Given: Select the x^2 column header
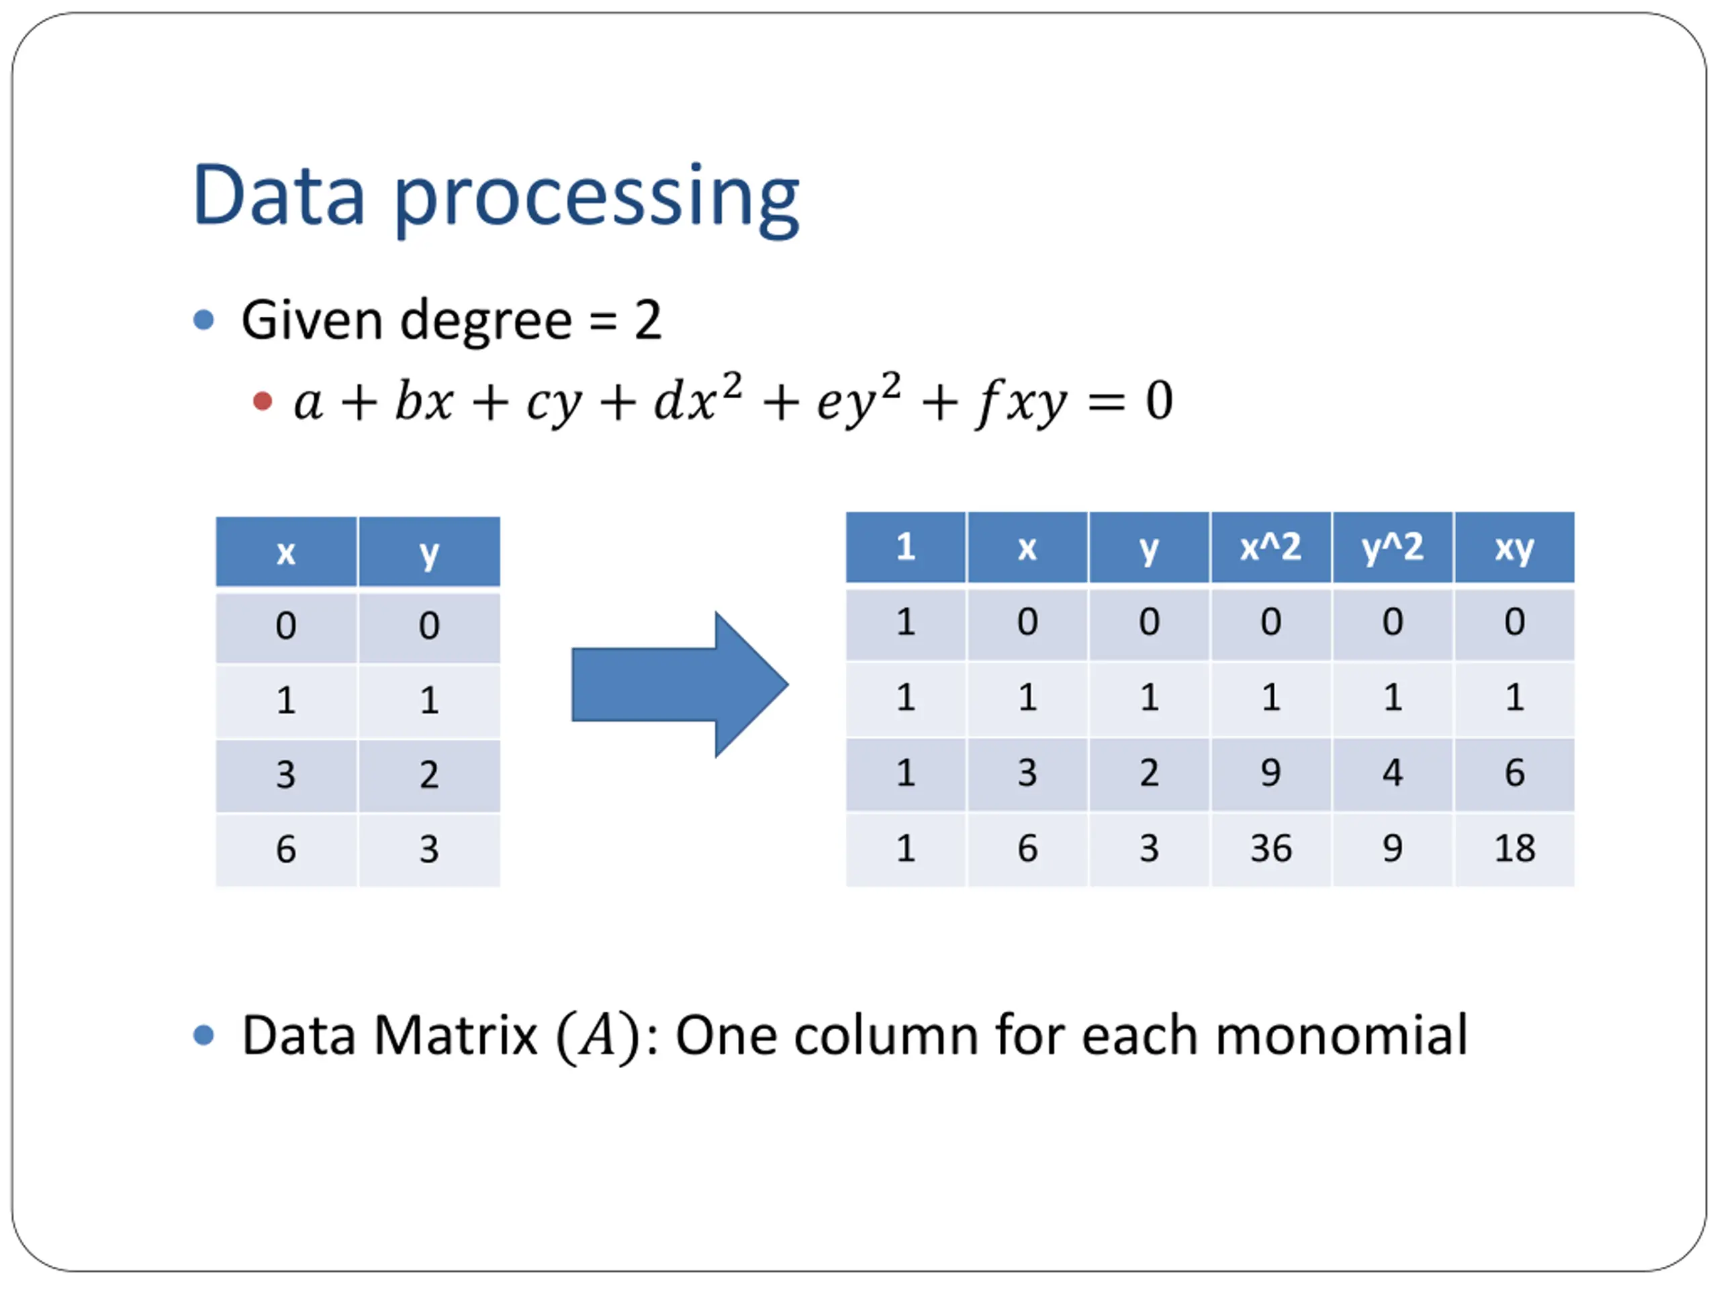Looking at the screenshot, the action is (1270, 548).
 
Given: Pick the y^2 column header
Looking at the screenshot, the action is (1392, 548).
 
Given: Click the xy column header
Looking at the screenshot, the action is (1514, 548).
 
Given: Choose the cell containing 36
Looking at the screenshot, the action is (1270, 849).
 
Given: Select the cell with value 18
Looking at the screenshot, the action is (1514, 849).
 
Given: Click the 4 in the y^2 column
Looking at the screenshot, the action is (1392, 773).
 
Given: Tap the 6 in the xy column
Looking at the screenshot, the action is (1514, 773).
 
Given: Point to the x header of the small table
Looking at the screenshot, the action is (286, 553).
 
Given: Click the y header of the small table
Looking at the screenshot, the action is (429, 553).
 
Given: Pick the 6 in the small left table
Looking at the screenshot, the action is (286, 849).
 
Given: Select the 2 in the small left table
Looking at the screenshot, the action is (429, 775).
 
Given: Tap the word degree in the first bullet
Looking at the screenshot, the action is (485, 320).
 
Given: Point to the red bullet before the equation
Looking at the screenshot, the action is (263, 401).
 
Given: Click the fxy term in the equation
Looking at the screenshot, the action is (1021, 402).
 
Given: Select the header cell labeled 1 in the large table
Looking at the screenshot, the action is (905, 548).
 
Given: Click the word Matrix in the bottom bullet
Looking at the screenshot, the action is (455, 1036).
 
